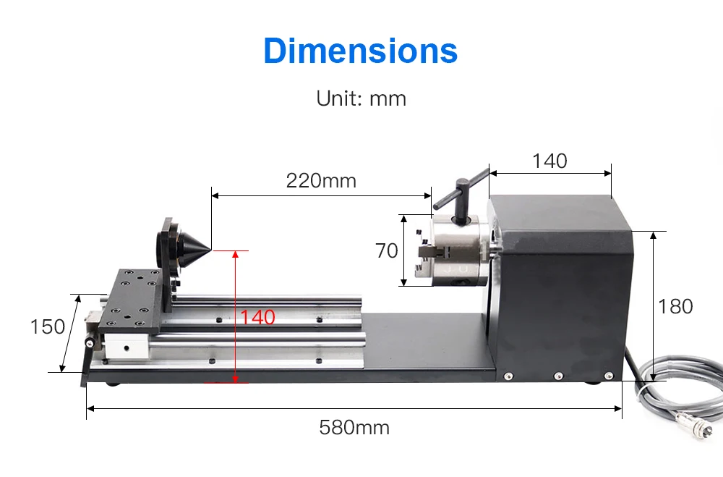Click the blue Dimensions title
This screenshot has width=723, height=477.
[361, 51]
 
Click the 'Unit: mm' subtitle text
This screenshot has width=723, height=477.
[361, 98]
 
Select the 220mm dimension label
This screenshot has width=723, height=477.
[321, 180]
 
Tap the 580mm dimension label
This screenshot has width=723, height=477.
[354, 427]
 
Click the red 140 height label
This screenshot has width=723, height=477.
[257, 317]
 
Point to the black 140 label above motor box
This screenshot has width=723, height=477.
[549, 161]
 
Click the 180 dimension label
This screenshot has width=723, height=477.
[675, 306]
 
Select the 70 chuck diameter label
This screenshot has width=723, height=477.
[387, 250]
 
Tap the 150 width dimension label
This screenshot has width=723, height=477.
[48, 327]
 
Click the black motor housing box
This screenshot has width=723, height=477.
[557, 290]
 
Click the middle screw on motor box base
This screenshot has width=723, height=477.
[558, 376]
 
